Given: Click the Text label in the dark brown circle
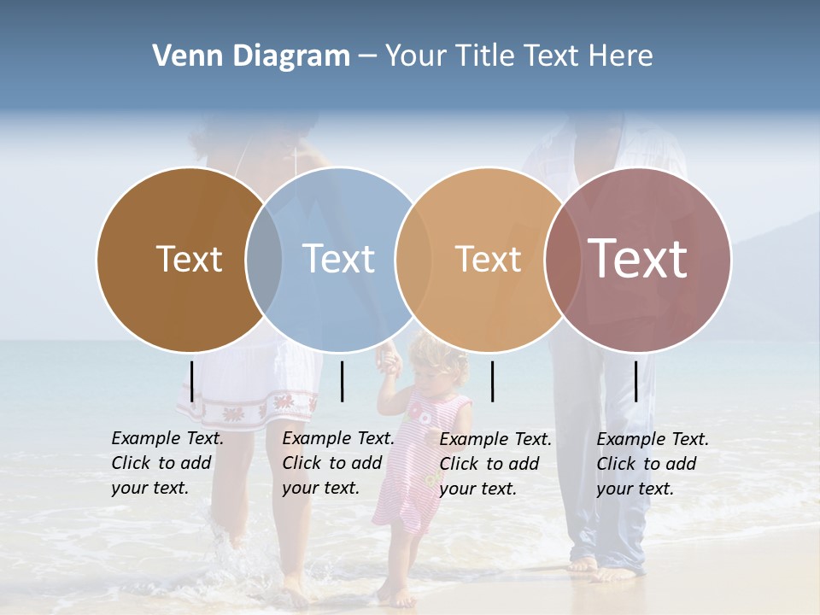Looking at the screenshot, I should (189, 259).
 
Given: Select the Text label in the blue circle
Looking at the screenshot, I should (338, 259).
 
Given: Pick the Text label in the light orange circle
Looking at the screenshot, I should (488, 259).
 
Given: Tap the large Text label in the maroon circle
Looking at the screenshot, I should (637, 259).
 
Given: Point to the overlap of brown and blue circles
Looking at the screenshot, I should (264, 259).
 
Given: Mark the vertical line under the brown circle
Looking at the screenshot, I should (192, 381).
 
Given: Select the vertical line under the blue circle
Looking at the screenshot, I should (342, 381).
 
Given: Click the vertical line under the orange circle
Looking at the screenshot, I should (492, 381).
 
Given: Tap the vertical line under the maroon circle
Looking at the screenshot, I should (636, 381).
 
